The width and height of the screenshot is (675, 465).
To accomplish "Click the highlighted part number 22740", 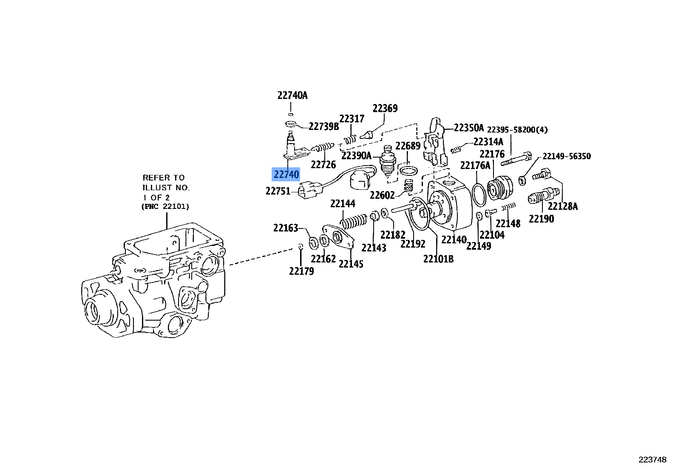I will pos(286,174).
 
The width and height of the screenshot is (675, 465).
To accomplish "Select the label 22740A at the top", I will pos(292,96).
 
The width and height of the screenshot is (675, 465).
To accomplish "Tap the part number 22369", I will pos(385,109).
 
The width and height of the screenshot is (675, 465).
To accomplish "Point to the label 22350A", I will pos(469,128).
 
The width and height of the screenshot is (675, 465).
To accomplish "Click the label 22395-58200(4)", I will pos(517,130).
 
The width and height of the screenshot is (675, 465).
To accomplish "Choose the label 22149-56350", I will pos(567,156).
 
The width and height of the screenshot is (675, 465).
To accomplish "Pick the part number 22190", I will pos(541,219).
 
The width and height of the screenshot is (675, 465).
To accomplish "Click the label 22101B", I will pos(438,259).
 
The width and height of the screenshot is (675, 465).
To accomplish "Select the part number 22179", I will pos(301,271).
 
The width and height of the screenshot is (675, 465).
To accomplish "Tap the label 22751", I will pos(278,191).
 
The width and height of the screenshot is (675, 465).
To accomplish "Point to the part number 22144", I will pos(343,204).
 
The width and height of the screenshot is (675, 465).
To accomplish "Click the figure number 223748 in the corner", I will pos(652,459).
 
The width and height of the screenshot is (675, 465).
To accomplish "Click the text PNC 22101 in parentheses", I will pos(165,207).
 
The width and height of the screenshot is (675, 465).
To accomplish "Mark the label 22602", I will pos(382,195).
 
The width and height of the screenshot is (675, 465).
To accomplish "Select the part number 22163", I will pos(286,228).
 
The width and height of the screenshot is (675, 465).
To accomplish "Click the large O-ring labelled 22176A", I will pos(479,194).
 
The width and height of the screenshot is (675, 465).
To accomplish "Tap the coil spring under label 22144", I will pos(354,221).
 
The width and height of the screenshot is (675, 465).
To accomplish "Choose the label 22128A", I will pos(563,206).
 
